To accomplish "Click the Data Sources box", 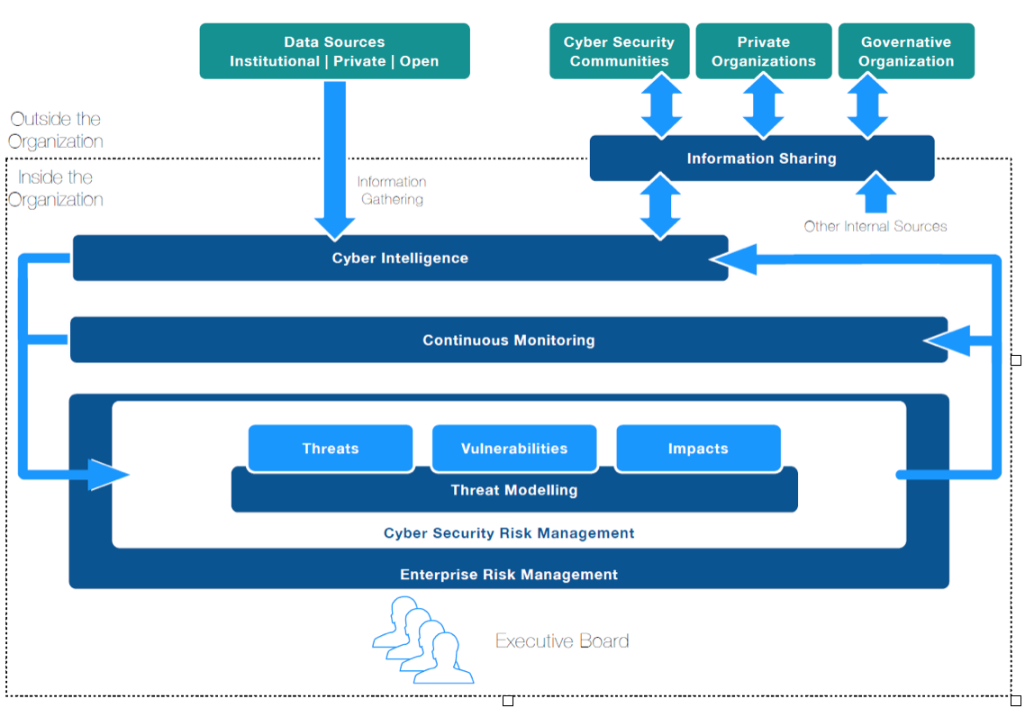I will tap(334, 51).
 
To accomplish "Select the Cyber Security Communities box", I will tap(619, 51).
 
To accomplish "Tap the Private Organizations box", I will tap(764, 51).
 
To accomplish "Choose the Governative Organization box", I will tap(906, 51).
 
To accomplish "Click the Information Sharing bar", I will tap(762, 159).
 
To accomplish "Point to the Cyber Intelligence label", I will tap(400, 259).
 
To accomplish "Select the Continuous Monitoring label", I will tap(509, 340).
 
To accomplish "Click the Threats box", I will tap(331, 449).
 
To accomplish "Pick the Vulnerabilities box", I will tap(514, 449).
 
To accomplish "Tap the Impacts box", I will tap(698, 449).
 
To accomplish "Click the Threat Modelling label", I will tap(514, 491).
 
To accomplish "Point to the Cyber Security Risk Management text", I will tap(509, 533).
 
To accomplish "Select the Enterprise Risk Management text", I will tap(509, 575).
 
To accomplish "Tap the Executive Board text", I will tap(562, 641).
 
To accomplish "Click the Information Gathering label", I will tap(392, 190).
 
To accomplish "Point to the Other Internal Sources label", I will tap(875, 226).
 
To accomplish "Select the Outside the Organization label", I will tap(56, 130).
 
